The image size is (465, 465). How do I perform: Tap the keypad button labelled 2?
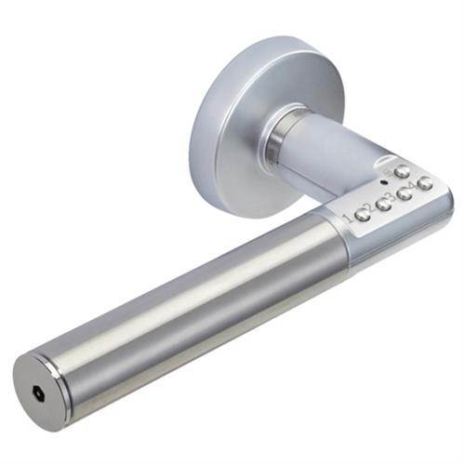point(383,204)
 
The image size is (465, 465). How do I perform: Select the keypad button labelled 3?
point(405,193)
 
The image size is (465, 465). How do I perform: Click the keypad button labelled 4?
point(425,183)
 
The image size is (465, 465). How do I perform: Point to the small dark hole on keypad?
point(384,182)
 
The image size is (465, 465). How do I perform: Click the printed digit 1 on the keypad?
point(348,218)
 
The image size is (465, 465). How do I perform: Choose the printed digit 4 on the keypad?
point(411,187)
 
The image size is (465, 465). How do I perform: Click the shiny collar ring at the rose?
point(276,139)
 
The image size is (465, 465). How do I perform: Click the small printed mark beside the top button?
point(388,172)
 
